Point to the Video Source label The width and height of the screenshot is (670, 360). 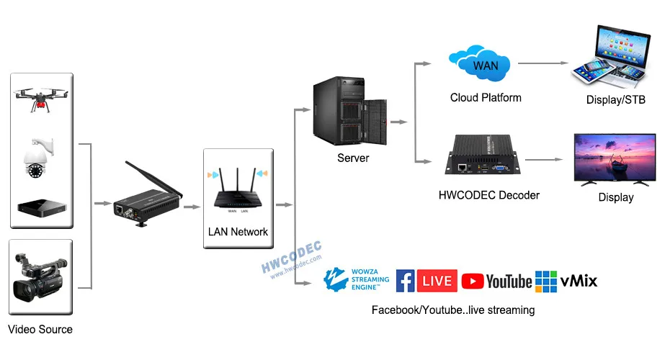[x=40, y=330]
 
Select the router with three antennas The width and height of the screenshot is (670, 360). [x=238, y=189]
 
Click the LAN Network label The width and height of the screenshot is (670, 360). [x=238, y=232]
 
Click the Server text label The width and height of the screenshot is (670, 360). [x=353, y=158]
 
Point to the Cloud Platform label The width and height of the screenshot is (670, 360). [x=486, y=97]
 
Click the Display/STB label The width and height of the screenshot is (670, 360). [x=616, y=99]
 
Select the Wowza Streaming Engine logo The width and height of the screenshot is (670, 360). [x=357, y=279]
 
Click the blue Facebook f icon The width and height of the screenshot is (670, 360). [x=406, y=281]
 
